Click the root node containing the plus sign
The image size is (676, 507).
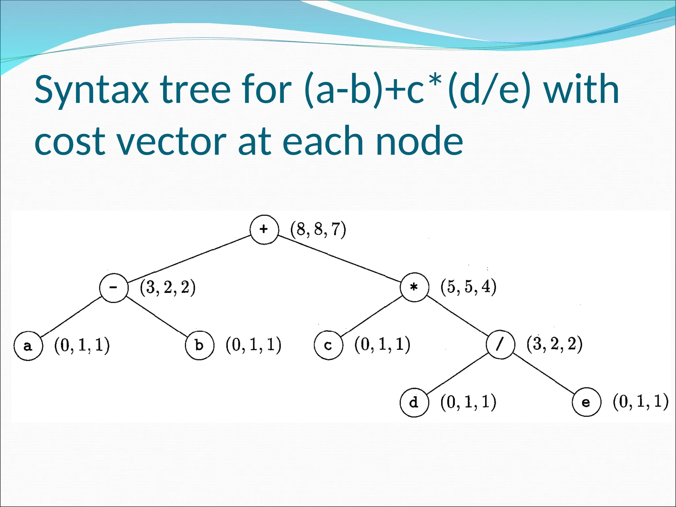click(x=264, y=229)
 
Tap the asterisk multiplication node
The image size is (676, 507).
click(x=414, y=287)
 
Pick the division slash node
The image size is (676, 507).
click(x=500, y=345)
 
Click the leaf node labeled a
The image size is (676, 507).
click(x=28, y=346)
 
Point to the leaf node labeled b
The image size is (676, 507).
click(x=199, y=345)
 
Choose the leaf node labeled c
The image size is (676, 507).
click(x=328, y=345)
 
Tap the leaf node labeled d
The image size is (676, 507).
click(x=414, y=403)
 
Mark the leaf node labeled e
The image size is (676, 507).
click(x=586, y=402)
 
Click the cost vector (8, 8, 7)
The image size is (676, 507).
click(x=318, y=229)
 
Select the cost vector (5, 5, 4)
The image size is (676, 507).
click(x=468, y=287)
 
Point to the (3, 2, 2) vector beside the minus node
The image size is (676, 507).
click(x=168, y=287)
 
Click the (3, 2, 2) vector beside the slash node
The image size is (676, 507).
click(x=555, y=344)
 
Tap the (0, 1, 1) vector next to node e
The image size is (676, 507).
click(x=640, y=402)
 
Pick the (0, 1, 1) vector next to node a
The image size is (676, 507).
click(x=82, y=346)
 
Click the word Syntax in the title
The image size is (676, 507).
click(x=92, y=90)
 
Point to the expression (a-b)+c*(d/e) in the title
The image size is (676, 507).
click(x=418, y=90)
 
